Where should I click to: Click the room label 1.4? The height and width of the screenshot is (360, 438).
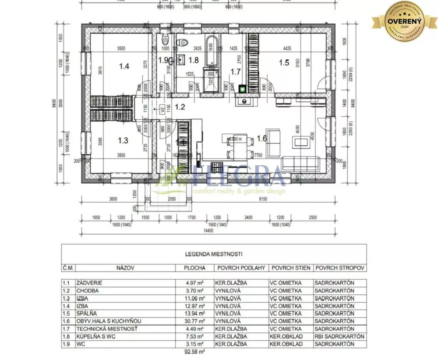coord(124,67)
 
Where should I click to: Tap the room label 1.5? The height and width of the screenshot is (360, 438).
coord(284,62)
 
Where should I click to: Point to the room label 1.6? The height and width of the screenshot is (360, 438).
coord(261,139)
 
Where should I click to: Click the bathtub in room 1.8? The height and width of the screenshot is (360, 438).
coord(211,52)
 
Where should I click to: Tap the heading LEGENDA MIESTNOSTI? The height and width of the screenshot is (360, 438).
coord(214,253)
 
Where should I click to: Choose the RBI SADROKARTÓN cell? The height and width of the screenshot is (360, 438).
coord(339,336)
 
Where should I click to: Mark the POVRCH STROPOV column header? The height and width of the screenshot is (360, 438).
coord(340,267)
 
